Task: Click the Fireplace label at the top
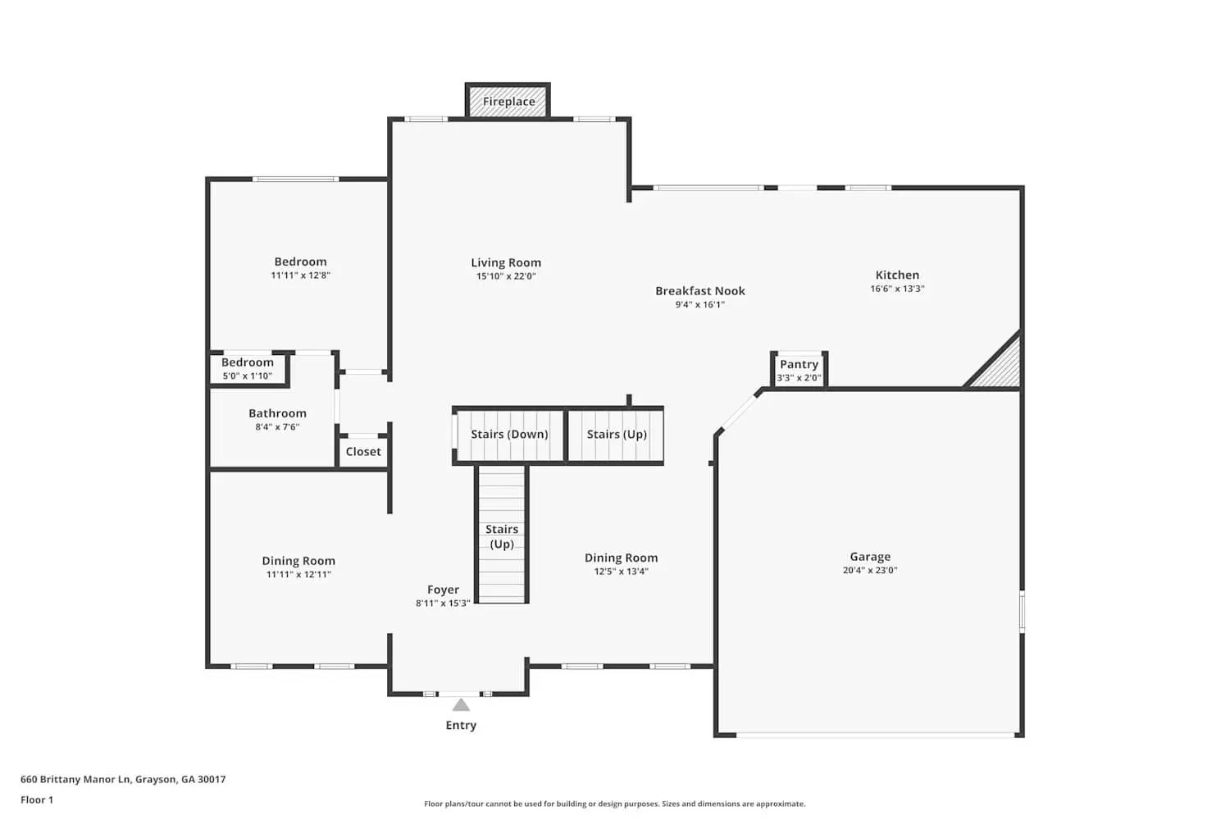508,102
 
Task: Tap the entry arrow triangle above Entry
461,705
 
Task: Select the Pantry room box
799,370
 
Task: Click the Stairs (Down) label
509,435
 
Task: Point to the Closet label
363,452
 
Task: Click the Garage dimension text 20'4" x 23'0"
870,571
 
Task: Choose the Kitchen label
897,276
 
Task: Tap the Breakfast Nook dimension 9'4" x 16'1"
700,305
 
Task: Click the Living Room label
506,263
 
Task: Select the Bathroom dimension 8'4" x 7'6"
277,427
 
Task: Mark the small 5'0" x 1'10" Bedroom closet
248,369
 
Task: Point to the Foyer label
443,590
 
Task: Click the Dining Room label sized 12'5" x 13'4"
621,558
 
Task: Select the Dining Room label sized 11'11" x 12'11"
298,561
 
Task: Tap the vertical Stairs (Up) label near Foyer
502,537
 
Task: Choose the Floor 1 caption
37,800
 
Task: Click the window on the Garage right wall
1022,611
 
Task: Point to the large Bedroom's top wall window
295,179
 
